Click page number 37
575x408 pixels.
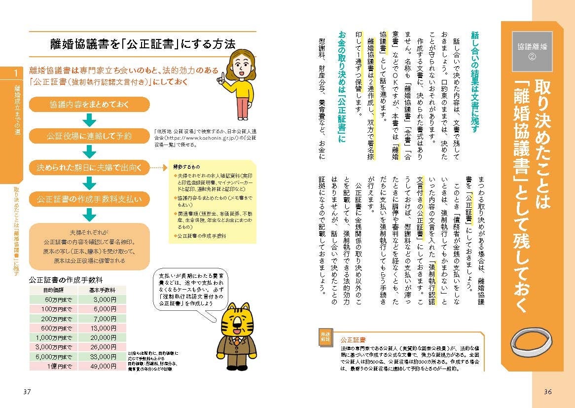(27, 392)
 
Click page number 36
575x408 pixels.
(547, 392)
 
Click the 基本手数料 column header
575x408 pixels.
(102, 290)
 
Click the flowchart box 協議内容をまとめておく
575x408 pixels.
(89, 105)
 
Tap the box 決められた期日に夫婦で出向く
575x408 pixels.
(89, 168)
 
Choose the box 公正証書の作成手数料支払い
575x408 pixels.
(89, 199)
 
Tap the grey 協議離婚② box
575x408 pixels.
(531, 51)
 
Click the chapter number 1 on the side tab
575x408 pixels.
(15, 74)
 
